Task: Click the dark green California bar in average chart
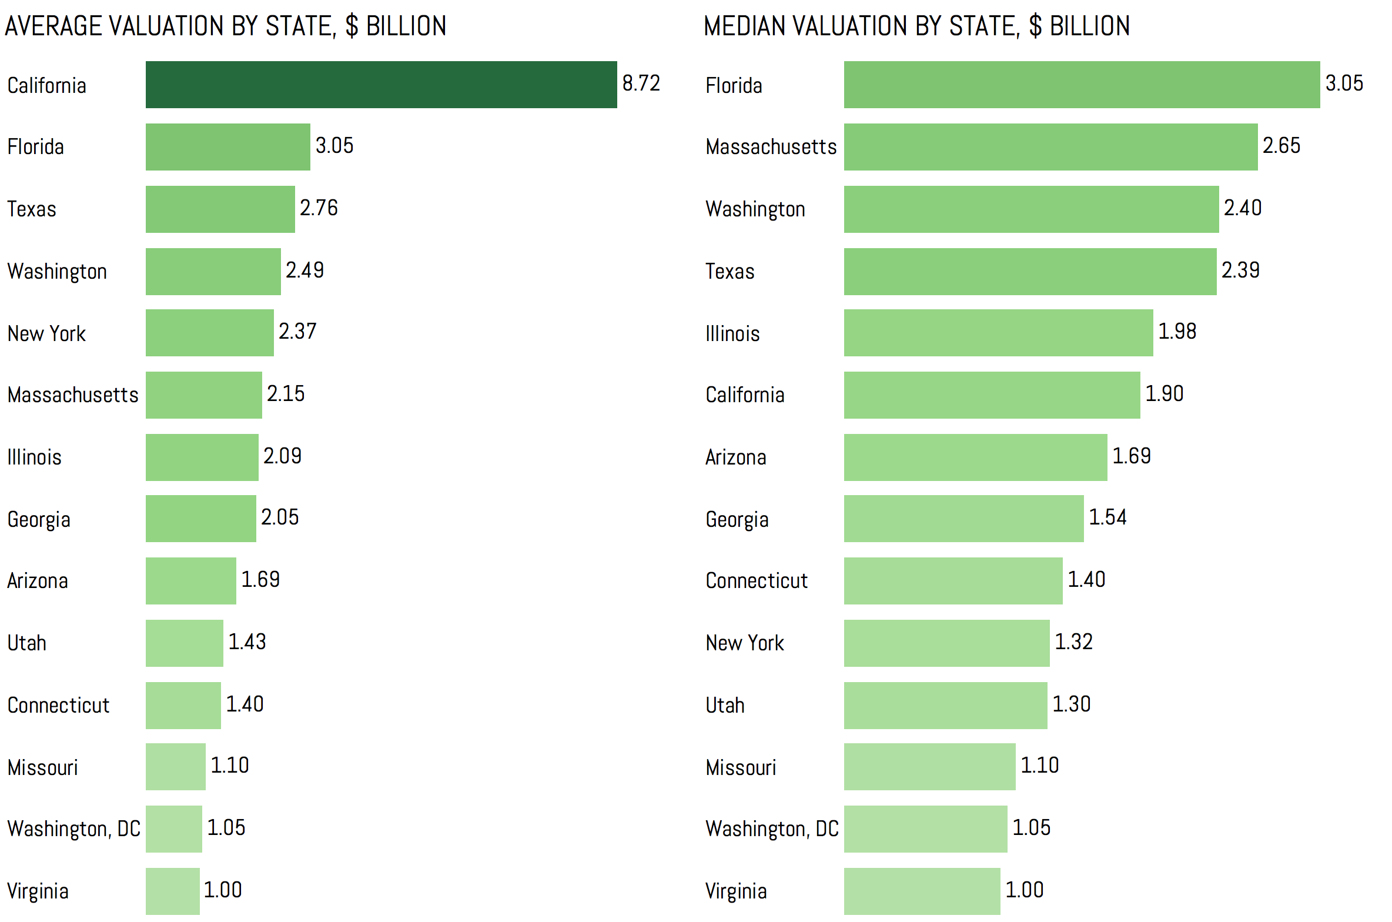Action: pos(381,85)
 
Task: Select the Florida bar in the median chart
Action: pos(1082,85)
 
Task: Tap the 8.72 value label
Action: pos(641,83)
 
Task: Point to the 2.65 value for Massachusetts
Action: pos(1281,146)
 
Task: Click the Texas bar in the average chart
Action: pos(220,209)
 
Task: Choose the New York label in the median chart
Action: pos(745,643)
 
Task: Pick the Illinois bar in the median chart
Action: pos(998,333)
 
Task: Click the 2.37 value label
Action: pos(297,332)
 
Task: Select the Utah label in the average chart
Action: pos(26,643)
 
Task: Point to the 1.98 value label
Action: pos(1177,332)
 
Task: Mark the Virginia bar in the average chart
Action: pos(172,891)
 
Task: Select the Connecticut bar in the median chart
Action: pos(953,581)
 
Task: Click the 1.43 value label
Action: pos(247,642)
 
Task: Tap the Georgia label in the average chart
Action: pos(39,519)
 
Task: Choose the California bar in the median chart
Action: pos(992,395)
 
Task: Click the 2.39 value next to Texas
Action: pos(1240,270)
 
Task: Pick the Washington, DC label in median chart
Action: pos(772,829)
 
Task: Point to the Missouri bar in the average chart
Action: pos(175,767)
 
